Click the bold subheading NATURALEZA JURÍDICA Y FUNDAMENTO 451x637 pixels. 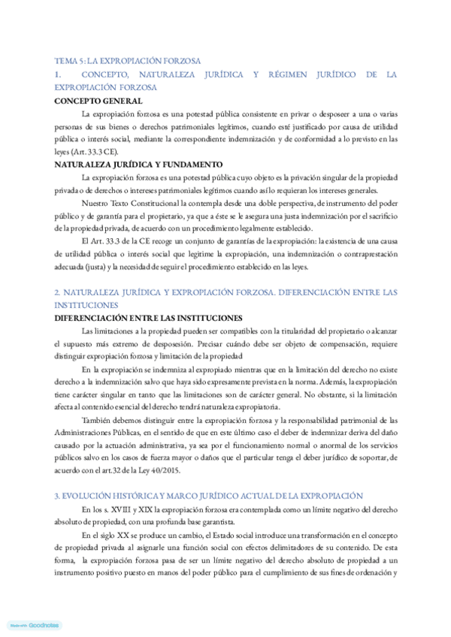tap(138, 164)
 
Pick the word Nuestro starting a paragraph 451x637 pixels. tap(95, 204)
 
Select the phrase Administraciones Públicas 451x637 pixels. tap(96, 435)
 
